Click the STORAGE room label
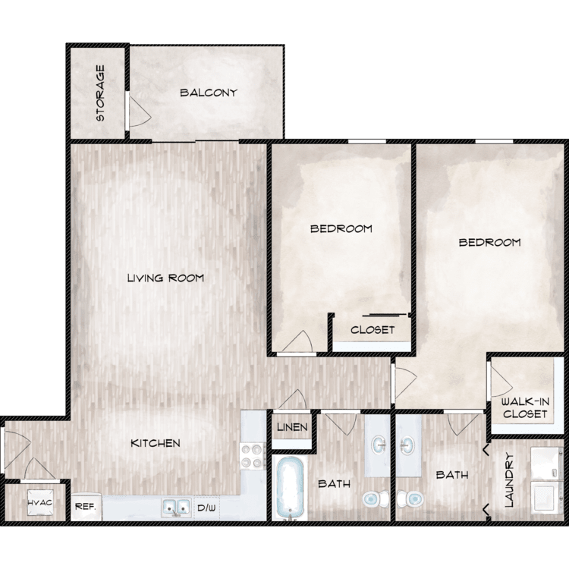(100, 93)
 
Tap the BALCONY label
(209, 93)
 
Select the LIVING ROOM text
(165, 278)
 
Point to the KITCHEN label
(156, 443)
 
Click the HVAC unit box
(40, 503)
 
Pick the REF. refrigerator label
(85, 506)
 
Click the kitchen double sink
(176, 507)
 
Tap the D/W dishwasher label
(206, 508)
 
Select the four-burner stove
(253, 455)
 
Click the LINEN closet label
(292, 427)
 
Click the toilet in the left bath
(376, 499)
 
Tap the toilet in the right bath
(410, 499)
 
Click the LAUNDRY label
(509, 479)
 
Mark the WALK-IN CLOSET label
(525, 408)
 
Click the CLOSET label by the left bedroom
(373, 330)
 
